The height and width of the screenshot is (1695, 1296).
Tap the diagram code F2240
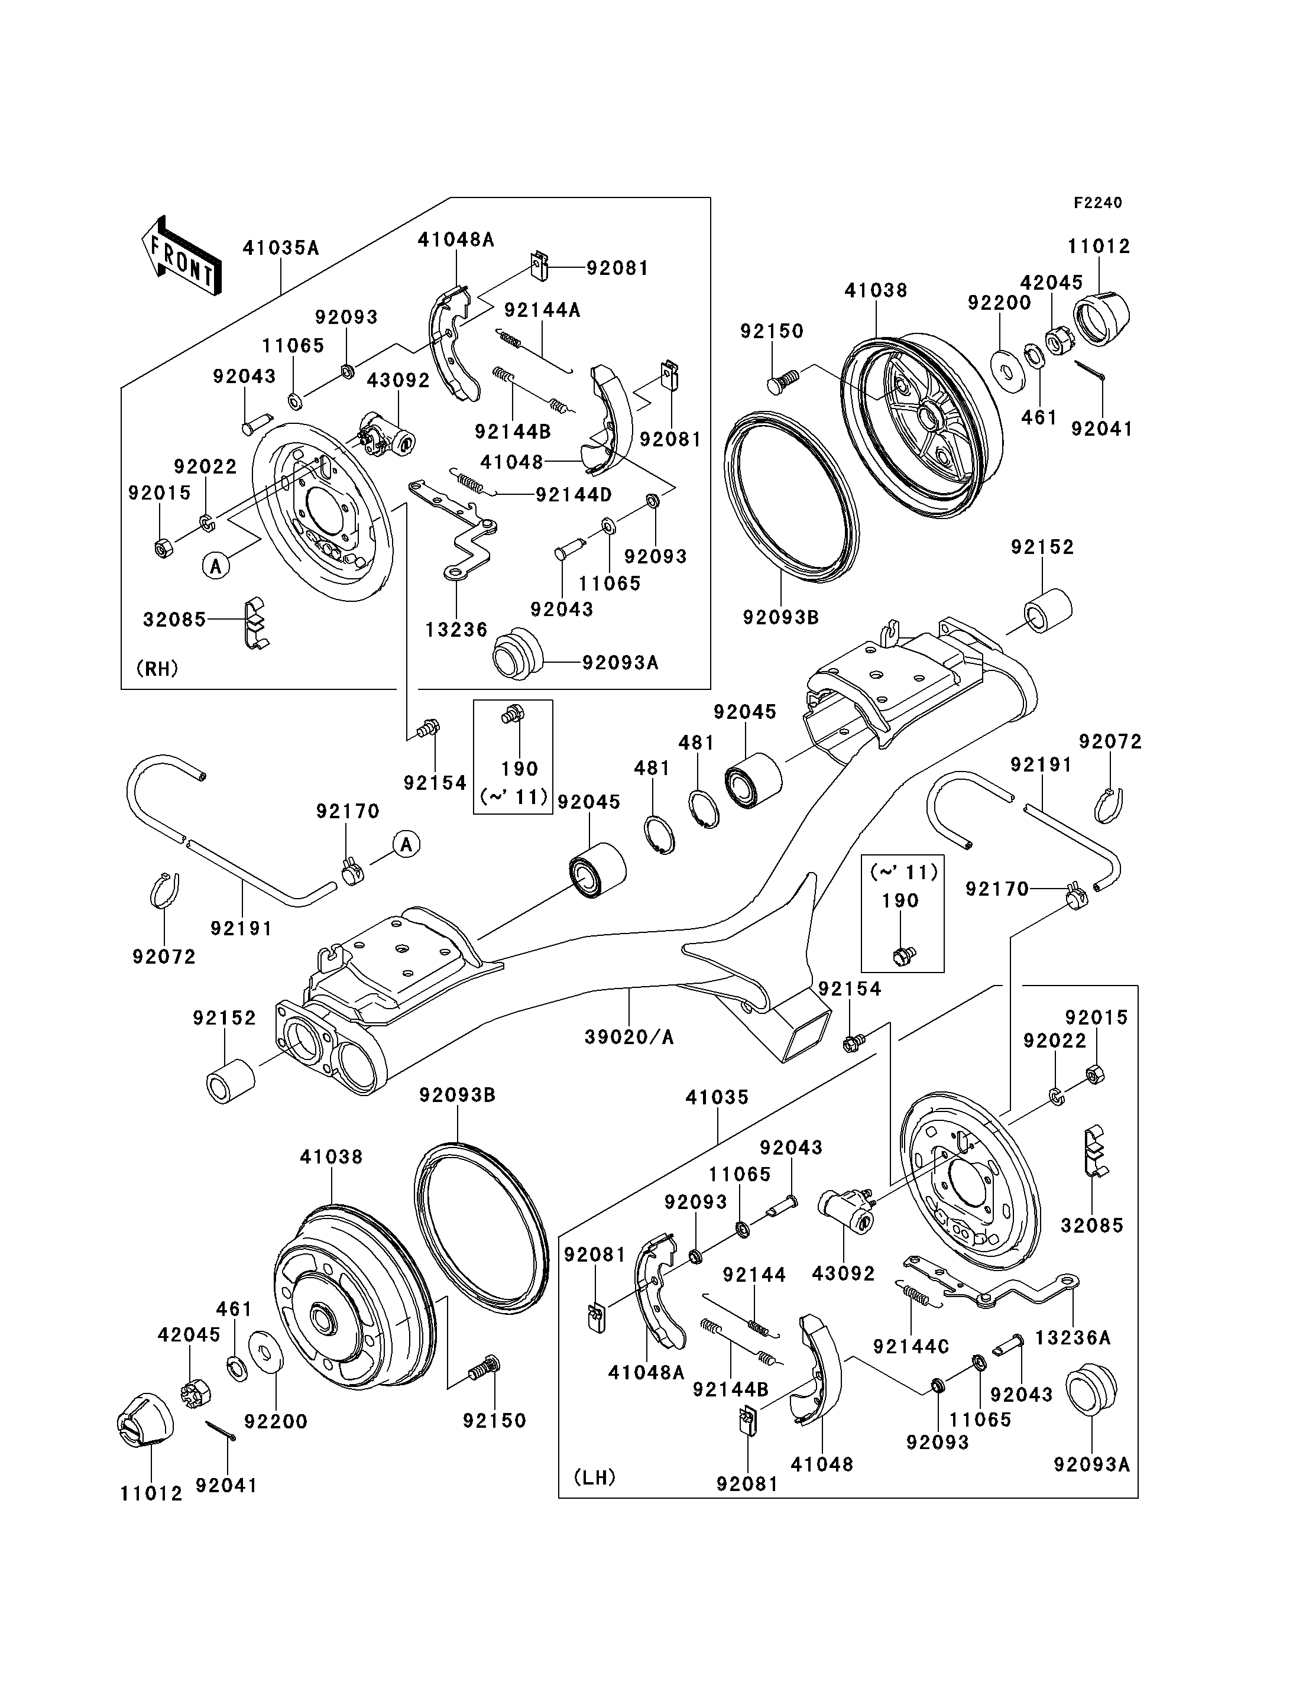(1098, 203)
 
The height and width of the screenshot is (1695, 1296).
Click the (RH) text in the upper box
(157, 668)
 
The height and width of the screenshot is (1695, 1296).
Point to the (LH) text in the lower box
(595, 1477)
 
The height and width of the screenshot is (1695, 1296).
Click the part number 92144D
(573, 494)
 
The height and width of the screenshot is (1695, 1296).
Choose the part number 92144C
(911, 1346)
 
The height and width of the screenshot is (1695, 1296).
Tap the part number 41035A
(281, 248)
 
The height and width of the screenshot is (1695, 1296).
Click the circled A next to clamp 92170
(407, 844)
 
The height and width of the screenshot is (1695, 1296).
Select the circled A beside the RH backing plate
(216, 566)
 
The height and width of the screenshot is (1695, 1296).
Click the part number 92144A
(542, 310)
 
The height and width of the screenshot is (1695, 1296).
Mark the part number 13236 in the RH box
(456, 630)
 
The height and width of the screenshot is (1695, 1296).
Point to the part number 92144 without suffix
(754, 1275)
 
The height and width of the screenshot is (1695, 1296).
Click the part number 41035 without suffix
(717, 1097)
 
